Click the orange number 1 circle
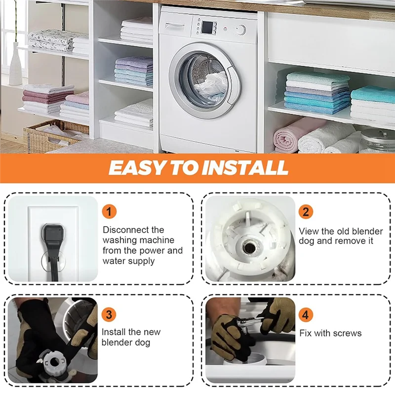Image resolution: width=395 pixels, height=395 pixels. [x=110, y=212]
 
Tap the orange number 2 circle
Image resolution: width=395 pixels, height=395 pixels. [x=306, y=212]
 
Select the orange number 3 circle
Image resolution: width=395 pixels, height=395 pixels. [x=109, y=315]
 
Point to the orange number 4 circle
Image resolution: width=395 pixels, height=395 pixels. [x=306, y=315]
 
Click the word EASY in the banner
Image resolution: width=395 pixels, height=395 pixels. [x=134, y=168]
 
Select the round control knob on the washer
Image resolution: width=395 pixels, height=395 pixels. [x=241, y=30]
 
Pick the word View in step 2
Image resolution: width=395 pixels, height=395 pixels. [x=309, y=231]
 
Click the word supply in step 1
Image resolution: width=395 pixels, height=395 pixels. [x=141, y=261]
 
